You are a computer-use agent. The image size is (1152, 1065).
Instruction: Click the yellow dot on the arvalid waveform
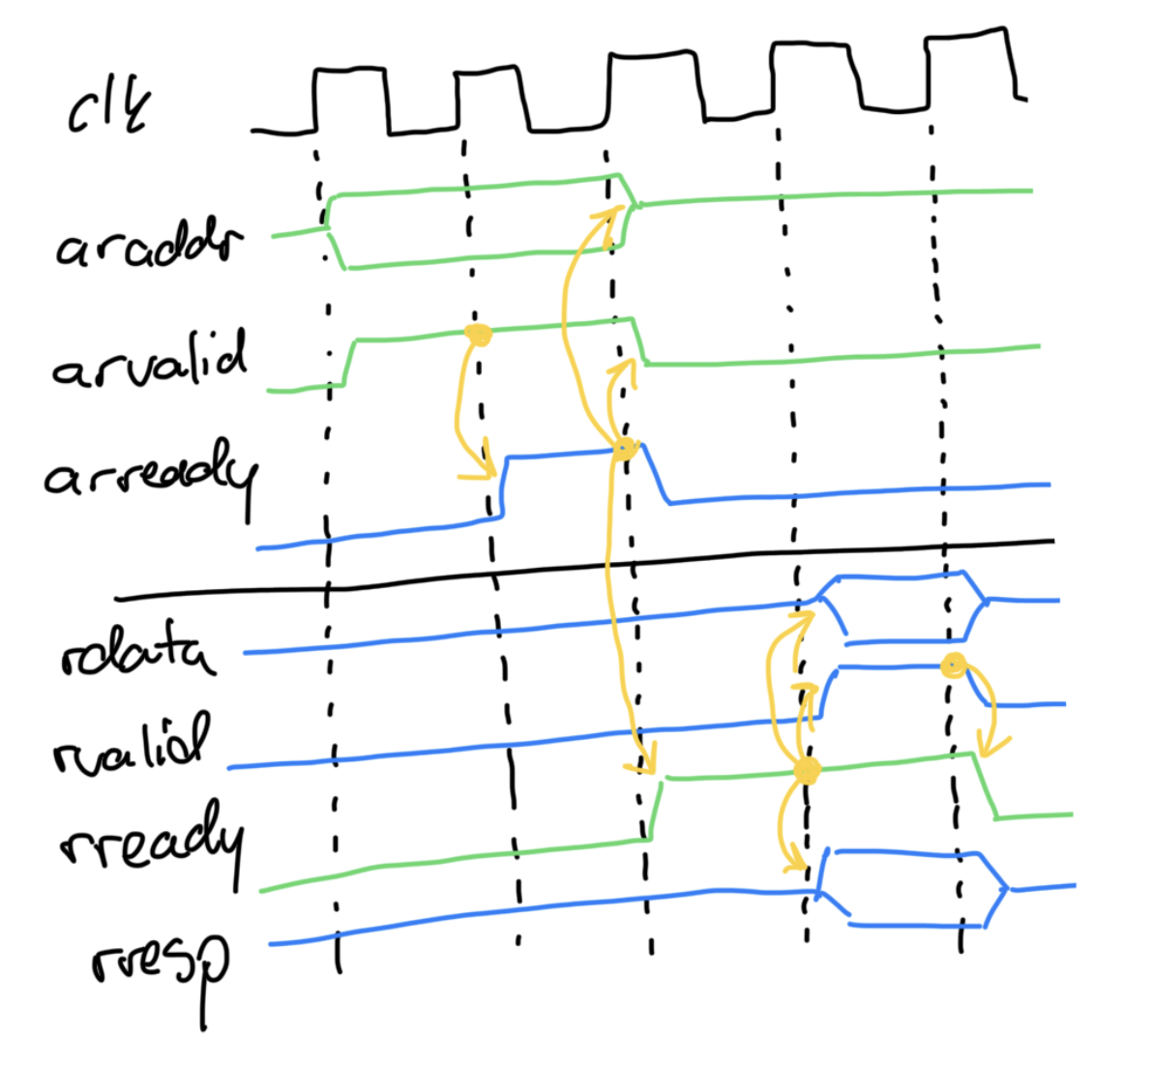(478, 336)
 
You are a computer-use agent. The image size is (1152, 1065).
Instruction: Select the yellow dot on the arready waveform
(624, 448)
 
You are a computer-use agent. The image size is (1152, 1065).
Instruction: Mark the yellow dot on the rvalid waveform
(955, 666)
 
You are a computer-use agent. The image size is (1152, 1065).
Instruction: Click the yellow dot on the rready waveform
(806, 771)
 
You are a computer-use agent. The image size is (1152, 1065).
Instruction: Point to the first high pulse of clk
(351, 73)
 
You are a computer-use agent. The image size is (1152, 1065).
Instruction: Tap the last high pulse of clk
(967, 39)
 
